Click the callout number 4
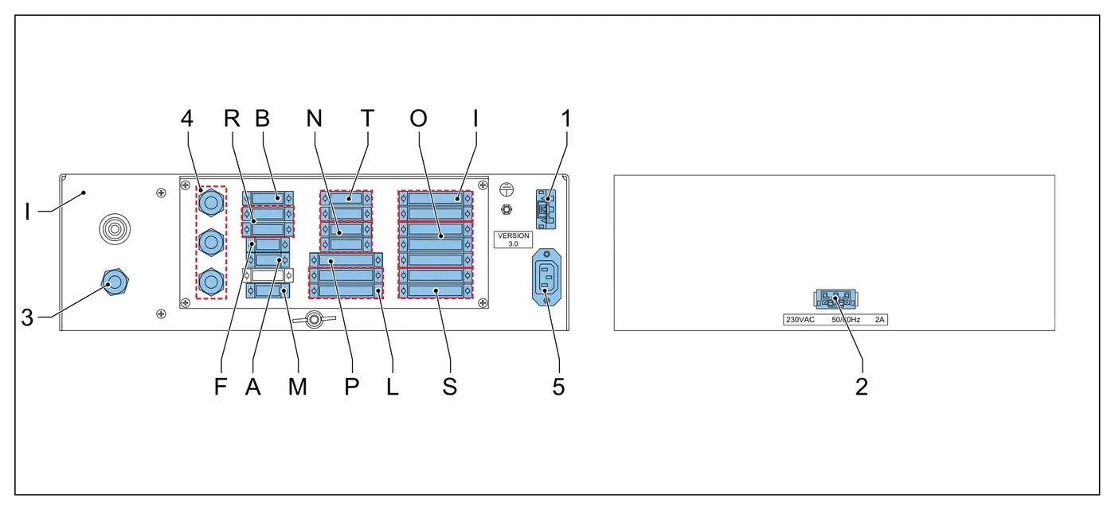(186, 119)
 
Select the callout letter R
(232, 119)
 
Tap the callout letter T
(367, 119)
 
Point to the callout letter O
(419, 119)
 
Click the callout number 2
(862, 387)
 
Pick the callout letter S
(449, 387)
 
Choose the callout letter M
(298, 387)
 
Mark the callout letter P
(351, 387)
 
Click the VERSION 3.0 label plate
(513, 239)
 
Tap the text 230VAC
(800, 320)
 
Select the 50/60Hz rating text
(846, 320)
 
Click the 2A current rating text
(879, 320)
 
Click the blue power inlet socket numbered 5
(546, 277)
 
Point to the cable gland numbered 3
(115, 282)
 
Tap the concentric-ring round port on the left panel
(115, 229)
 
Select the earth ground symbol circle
(507, 189)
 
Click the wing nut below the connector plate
(314, 319)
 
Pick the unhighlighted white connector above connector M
(268, 275)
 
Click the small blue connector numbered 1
(546, 209)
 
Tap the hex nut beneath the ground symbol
(507, 209)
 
